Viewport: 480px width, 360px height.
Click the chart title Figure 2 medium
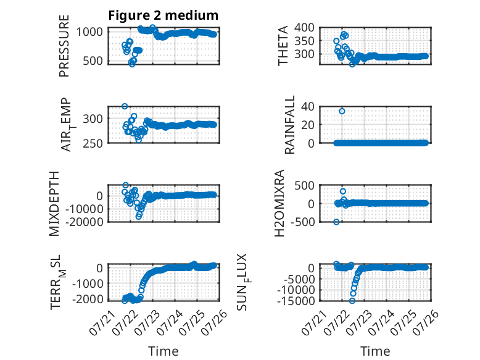[x=163, y=15]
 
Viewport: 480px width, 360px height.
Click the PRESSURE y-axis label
[x=64, y=46]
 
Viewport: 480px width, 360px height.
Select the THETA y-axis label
[x=283, y=46]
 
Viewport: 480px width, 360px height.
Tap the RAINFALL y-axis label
[x=289, y=125]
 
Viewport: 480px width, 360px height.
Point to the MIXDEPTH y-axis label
[x=54, y=204]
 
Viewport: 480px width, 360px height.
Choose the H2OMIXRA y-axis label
[x=279, y=203]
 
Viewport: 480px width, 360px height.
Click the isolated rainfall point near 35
[x=342, y=111]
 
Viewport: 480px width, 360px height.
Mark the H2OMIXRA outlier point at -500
[x=336, y=222]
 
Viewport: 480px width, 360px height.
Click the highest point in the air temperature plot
[x=125, y=106]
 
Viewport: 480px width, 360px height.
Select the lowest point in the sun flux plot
[x=352, y=301]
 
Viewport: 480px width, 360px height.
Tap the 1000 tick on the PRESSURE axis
[x=89, y=31]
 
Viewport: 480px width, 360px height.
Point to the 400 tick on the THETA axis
[x=304, y=27]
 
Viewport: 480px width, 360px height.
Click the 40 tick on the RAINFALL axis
[x=308, y=106]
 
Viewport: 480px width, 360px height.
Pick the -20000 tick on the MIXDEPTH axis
[x=84, y=222]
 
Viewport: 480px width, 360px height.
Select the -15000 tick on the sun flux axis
[x=296, y=301]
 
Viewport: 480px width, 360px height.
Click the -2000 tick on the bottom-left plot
[x=87, y=299]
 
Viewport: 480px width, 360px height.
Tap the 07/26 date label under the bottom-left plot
[x=214, y=322]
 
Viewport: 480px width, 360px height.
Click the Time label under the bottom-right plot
[x=375, y=351]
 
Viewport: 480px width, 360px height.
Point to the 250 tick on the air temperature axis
[x=93, y=143]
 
